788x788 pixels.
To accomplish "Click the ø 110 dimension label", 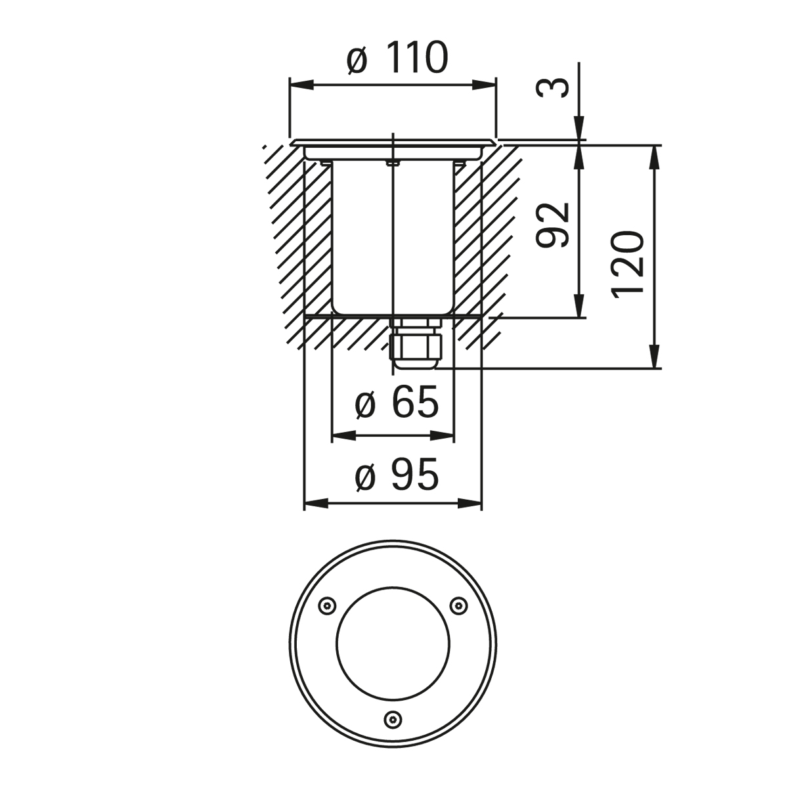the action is (x=397, y=58).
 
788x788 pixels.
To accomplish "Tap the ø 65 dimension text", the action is (x=397, y=403).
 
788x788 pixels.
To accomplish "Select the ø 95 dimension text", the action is (x=397, y=474).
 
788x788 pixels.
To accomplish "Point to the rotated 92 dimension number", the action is (x=553, y=225).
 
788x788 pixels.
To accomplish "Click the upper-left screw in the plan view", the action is (x=327, y=605).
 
